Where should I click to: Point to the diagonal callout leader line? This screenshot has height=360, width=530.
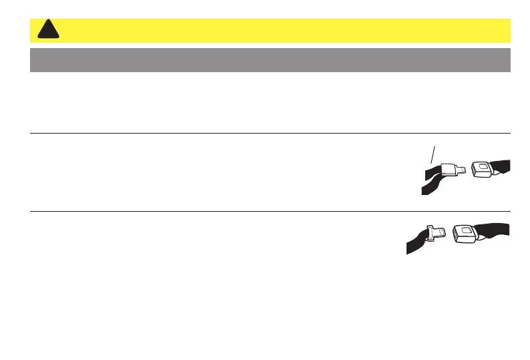point(435,154)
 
